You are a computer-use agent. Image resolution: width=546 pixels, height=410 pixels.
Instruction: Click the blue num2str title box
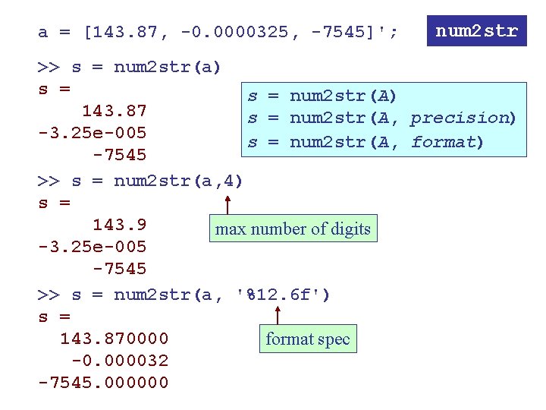476,31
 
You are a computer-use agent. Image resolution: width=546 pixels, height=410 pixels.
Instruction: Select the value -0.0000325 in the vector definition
235,33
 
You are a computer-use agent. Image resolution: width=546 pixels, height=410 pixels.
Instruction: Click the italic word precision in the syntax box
462,118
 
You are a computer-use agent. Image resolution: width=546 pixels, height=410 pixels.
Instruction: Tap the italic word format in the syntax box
443,142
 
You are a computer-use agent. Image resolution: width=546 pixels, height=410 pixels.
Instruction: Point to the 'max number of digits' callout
293,229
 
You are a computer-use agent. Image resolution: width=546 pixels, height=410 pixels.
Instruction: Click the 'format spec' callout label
307,339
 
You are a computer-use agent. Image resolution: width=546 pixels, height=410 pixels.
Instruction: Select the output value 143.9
119,225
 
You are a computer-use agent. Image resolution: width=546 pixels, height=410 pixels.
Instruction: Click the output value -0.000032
120,361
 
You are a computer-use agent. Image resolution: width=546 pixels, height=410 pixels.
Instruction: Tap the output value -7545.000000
103,383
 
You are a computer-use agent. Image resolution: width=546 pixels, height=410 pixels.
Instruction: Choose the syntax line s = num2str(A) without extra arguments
322,96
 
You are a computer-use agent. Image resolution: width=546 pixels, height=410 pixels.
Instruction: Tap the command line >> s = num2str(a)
130,67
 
